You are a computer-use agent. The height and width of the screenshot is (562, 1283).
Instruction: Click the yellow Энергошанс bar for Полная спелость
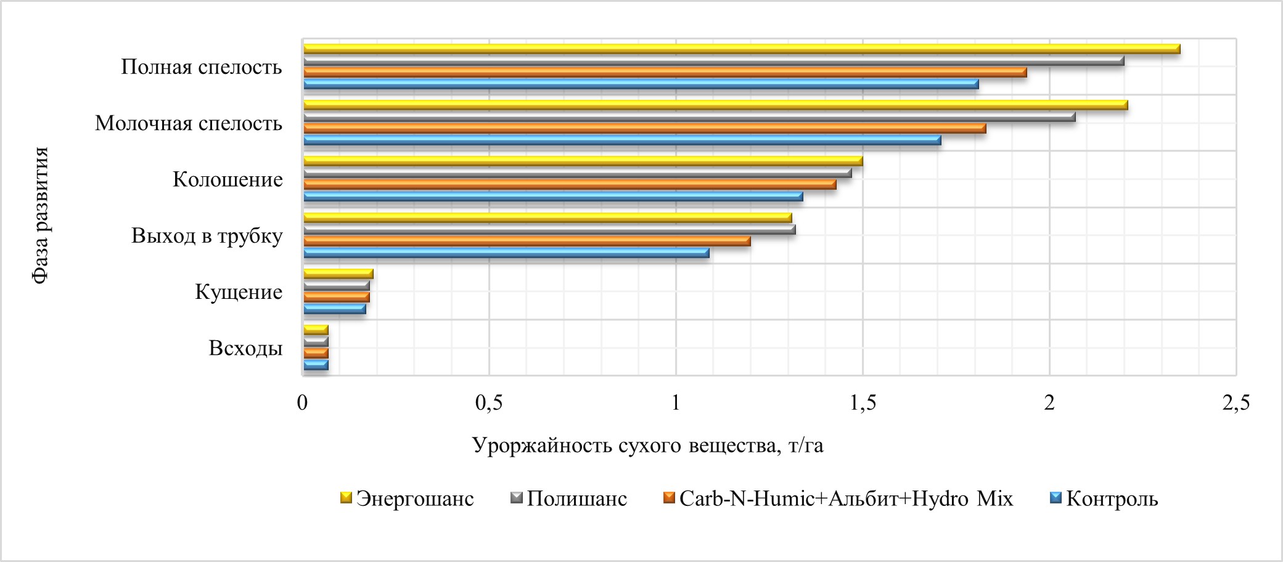tap(740, 49)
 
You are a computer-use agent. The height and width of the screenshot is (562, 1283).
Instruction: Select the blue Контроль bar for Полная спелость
tap(641, 84)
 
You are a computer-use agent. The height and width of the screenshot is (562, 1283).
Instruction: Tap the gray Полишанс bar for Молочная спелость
tap(689, 117)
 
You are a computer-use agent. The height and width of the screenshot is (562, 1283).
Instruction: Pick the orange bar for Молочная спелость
tap(644, 129)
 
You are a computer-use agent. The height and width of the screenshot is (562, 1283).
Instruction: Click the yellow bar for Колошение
tap(583, 161)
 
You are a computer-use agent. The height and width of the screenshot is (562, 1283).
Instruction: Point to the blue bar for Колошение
tap(553, 197)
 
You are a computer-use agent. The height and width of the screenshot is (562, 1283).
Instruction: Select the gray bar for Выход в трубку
tap(549, 230)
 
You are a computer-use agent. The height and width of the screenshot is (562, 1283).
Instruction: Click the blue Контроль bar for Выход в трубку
tap(506, 253)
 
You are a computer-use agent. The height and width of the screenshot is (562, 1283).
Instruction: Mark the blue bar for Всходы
tap(316, 365)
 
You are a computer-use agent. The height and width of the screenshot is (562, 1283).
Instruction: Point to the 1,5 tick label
tap(863, 403)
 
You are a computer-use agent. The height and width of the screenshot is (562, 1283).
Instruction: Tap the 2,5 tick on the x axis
tap(1236, 403)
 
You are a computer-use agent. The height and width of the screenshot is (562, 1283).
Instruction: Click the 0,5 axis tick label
tap(489, 403)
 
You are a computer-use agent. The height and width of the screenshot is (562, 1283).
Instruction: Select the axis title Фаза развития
tap(41, 215)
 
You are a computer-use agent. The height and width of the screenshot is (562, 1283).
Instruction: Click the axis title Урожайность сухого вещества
tap(647, 445)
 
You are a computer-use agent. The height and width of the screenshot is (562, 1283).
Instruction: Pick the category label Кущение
tap(239, 292)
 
